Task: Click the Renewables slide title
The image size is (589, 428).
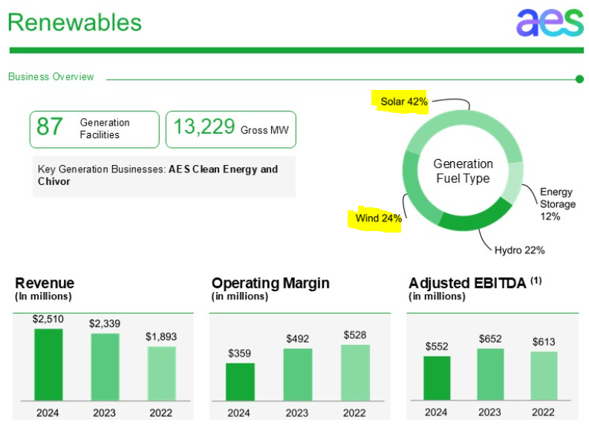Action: [x=74, y=22]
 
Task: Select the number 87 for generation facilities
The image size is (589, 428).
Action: [x=50, y=127]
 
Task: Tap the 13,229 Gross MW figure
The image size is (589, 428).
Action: [x=204, y=127]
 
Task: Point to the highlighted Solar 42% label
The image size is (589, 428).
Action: [x=403, y=102]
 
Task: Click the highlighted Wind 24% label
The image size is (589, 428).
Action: [x=377, y=218]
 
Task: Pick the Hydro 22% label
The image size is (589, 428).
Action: [x=520, y=250]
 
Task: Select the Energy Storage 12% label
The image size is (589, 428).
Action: [x=557, y=204]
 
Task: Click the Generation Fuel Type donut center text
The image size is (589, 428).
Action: [x=463, y=171]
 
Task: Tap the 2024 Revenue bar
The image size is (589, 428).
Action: [x=48, y=364]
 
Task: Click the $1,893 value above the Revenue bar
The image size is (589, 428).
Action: [x=161, y=337]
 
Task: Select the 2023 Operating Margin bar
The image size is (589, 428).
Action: [x=297, y=374]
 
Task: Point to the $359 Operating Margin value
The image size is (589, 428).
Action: [x=239, y=353]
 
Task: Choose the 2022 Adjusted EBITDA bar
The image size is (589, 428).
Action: [x=544, y=376]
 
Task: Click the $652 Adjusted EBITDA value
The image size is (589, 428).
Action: [x=490, y=339]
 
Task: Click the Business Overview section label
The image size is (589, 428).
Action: [x=51, y=77]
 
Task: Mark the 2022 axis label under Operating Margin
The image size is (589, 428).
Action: [x=354, y=412]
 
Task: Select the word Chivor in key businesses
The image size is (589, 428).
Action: [x=54, y=181]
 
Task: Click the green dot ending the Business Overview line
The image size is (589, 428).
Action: [x=579, y=79]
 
